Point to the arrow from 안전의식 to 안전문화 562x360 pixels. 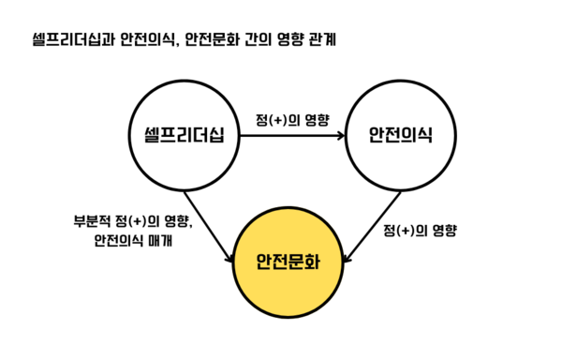coord(373,221)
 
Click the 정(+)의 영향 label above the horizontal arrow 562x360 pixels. coord(292,119)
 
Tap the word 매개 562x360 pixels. coord(166,242)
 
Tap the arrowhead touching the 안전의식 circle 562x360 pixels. coord(340,135)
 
